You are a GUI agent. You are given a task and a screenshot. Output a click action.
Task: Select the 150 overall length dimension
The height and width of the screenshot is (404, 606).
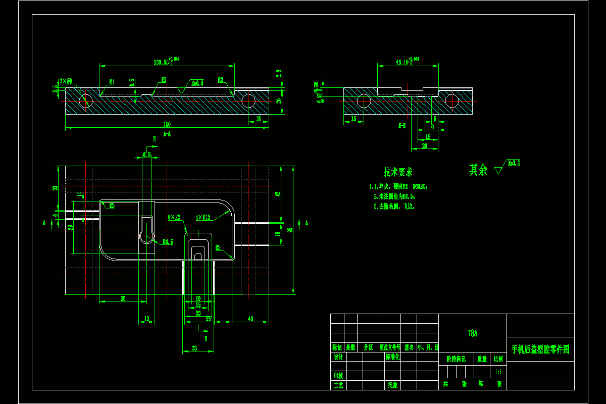coord(166,124)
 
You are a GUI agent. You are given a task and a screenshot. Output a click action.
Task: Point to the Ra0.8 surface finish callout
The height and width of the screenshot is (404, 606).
coord(197,83)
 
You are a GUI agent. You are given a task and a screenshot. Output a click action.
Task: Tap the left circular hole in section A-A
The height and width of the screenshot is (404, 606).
coord(86,100)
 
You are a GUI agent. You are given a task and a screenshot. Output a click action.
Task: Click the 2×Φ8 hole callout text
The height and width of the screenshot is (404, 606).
coord(65,81)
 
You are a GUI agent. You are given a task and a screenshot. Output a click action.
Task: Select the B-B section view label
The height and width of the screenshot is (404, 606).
coord(402,125)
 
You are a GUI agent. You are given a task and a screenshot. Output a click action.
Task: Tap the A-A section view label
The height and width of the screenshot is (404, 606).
coord(167,134)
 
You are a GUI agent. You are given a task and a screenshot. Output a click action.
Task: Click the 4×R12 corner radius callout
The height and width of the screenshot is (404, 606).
coord(204,218)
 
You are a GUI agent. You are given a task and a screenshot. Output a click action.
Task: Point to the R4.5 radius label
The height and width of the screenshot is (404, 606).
coord(168,242)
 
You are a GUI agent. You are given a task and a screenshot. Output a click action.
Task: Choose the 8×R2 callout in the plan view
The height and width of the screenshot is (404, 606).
coord(175,217)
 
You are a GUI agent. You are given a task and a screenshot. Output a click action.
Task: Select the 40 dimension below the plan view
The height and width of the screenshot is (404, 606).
coord(250,319)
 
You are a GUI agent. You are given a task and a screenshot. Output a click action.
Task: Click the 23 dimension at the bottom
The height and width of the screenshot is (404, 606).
coord(194,348)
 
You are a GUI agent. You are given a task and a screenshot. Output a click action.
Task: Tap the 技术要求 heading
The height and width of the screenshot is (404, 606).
coord(398,172)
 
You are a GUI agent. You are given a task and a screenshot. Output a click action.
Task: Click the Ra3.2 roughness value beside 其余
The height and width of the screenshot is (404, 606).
coord(514,163)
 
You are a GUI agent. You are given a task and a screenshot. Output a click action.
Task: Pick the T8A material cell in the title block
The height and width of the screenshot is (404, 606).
coord(472,333)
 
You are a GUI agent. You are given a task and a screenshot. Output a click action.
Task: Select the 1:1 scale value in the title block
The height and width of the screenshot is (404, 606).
coord(498,372)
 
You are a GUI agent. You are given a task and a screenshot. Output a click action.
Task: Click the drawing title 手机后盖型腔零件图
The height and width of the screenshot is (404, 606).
coord(540,349)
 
